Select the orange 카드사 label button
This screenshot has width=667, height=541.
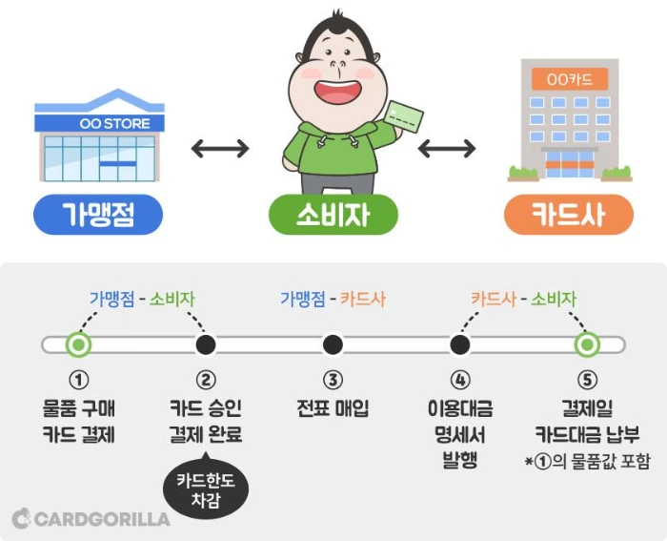(x=568, y=215)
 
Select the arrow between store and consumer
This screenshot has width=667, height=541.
(x=220, y=149)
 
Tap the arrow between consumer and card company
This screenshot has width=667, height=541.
(x=446, y=149)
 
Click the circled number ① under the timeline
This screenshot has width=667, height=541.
(x=79, y=380)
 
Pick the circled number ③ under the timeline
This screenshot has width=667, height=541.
(x=332, y=380)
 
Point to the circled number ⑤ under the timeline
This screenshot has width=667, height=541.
(x=587, y=380)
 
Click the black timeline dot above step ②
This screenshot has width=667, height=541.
(x=205, y=343)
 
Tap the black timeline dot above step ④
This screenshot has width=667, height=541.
(x=460, y=343)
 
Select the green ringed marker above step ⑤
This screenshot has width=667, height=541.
(x=587, y=343)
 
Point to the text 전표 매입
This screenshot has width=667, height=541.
(x=332, y=408)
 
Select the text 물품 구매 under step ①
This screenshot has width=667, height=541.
(x=79, y=408)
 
